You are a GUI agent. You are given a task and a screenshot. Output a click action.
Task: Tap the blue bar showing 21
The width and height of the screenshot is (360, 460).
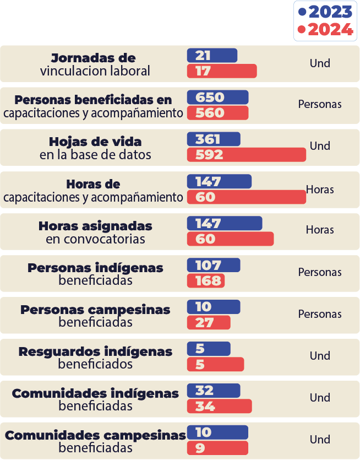coord(212,56)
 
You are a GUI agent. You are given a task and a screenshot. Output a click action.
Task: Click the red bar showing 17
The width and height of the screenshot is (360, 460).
coord(222,71)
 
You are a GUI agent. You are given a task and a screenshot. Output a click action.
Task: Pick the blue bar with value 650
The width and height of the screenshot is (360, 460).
coord(217,98)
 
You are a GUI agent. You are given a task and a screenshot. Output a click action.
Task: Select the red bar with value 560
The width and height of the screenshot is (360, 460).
coord(217,113)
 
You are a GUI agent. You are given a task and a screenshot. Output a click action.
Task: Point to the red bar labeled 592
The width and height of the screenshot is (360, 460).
coord(246,155)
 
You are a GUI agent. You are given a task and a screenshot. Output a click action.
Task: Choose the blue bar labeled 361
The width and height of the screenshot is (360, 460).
coord(214,139)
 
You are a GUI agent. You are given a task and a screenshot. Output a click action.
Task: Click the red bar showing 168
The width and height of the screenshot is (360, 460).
coord(206,281)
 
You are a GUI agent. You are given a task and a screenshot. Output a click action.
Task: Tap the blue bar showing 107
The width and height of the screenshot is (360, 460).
coord(214,265)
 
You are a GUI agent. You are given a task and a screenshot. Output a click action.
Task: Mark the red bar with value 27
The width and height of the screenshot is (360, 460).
coord(209,323)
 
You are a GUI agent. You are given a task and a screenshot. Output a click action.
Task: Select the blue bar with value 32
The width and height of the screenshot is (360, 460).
coord(214,391)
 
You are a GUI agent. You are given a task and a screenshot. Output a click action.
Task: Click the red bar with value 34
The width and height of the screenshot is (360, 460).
coord(219,407)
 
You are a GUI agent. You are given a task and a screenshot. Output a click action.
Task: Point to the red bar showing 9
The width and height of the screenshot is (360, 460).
coord(217,448)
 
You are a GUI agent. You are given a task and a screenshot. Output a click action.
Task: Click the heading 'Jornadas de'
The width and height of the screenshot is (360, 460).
coord(93,58)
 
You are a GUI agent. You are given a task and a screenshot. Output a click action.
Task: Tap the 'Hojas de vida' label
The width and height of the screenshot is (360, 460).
coord(95,142)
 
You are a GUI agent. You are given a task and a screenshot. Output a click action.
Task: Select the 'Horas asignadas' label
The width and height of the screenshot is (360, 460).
coord(95,226)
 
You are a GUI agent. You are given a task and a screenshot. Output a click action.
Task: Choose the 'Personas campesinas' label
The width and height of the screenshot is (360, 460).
coord(95,310)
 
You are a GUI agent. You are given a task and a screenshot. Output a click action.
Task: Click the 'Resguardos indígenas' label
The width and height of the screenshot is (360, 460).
coord(95,351)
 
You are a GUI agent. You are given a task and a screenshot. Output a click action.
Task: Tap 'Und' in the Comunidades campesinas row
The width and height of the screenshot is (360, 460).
coord(320,440)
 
